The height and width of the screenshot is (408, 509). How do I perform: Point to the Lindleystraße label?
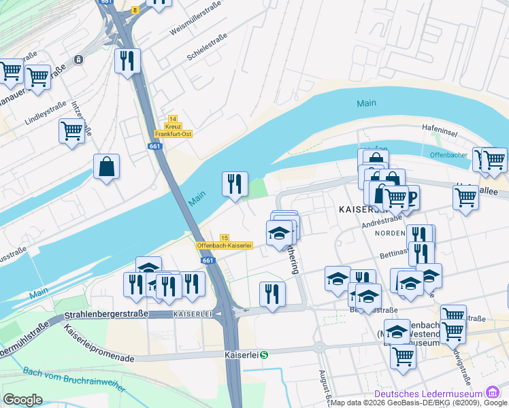[x=46, y=113]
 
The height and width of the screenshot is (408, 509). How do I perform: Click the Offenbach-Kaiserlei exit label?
[x=225, y=245]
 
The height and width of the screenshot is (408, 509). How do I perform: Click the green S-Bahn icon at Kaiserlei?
[x=264, y=354]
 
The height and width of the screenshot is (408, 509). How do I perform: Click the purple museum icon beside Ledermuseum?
[x=491, y=393]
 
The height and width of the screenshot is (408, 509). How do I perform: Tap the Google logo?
[x=22, y=400]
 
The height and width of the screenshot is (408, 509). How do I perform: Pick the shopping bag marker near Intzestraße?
[x=107, y=167]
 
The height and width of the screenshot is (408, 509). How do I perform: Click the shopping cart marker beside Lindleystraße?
[x=71, y=130]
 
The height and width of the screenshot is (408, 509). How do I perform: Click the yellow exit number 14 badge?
[x=173, y=119]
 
